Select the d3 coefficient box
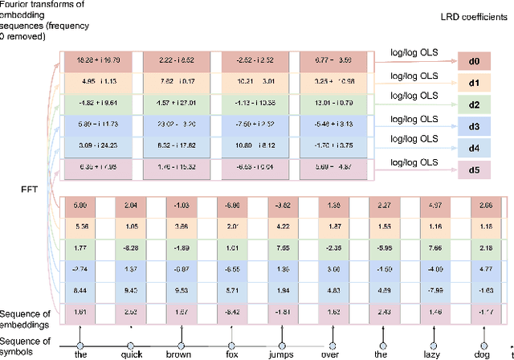point(475,126)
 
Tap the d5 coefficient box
point(475,170)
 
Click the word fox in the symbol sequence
point(233,352)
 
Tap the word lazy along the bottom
point(432,352)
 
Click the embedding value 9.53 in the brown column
point(182,289)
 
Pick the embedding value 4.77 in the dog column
point(482,268)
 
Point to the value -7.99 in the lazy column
point(432,289)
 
